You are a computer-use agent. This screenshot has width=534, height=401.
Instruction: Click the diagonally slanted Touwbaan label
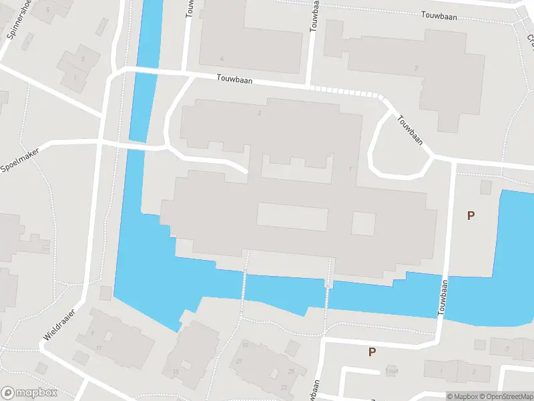point(410,130)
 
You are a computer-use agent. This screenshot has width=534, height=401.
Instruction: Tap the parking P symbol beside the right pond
point(471,215)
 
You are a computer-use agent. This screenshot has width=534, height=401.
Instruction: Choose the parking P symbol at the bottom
point(372,352)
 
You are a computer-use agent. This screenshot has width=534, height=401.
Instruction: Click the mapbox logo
point(29,392)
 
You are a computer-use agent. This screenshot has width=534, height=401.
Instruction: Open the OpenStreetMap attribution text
point(507,396)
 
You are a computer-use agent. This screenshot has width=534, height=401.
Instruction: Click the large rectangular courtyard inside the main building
point(292,216)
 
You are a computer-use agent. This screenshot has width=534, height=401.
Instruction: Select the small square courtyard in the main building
point(364,223)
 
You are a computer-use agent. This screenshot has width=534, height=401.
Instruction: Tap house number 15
point(176,371)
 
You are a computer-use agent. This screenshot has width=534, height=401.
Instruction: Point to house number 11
point(98,348)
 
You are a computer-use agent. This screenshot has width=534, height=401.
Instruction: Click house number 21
point(239,361)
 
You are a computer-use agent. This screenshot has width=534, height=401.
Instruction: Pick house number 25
point(292,371)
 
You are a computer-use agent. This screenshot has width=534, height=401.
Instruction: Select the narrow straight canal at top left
point(146,67)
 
